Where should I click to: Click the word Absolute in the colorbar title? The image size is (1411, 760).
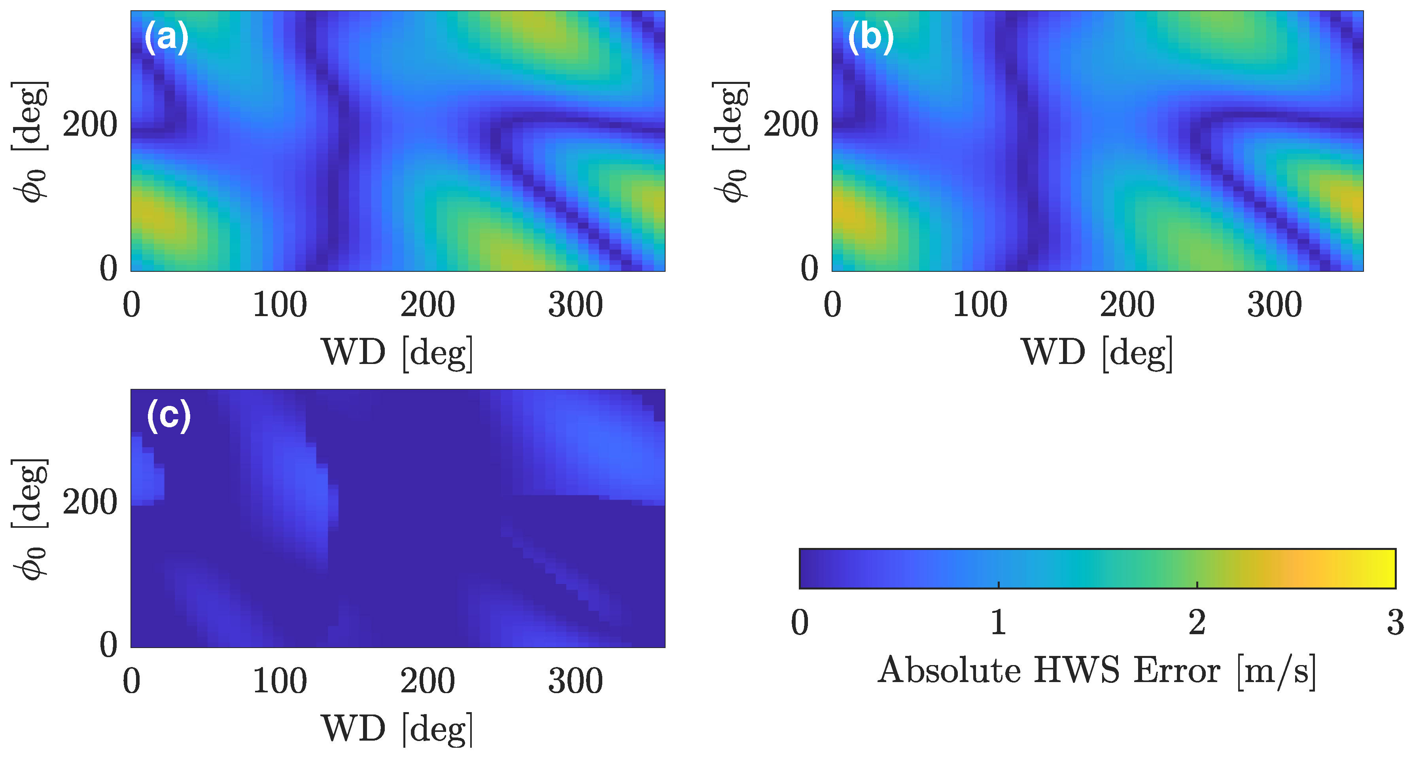tap(949, 670)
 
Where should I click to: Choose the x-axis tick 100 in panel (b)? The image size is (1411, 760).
tap(980, 305)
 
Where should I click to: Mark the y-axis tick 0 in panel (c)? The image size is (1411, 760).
tap(108, 645)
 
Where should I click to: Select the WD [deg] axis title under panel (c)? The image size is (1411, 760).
tap(397, 729)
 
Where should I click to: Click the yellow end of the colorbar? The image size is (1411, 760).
tap(1386, 568)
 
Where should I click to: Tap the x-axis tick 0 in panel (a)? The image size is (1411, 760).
tap(131, 305)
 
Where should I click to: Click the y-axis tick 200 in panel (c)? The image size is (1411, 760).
tap(90, 502)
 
